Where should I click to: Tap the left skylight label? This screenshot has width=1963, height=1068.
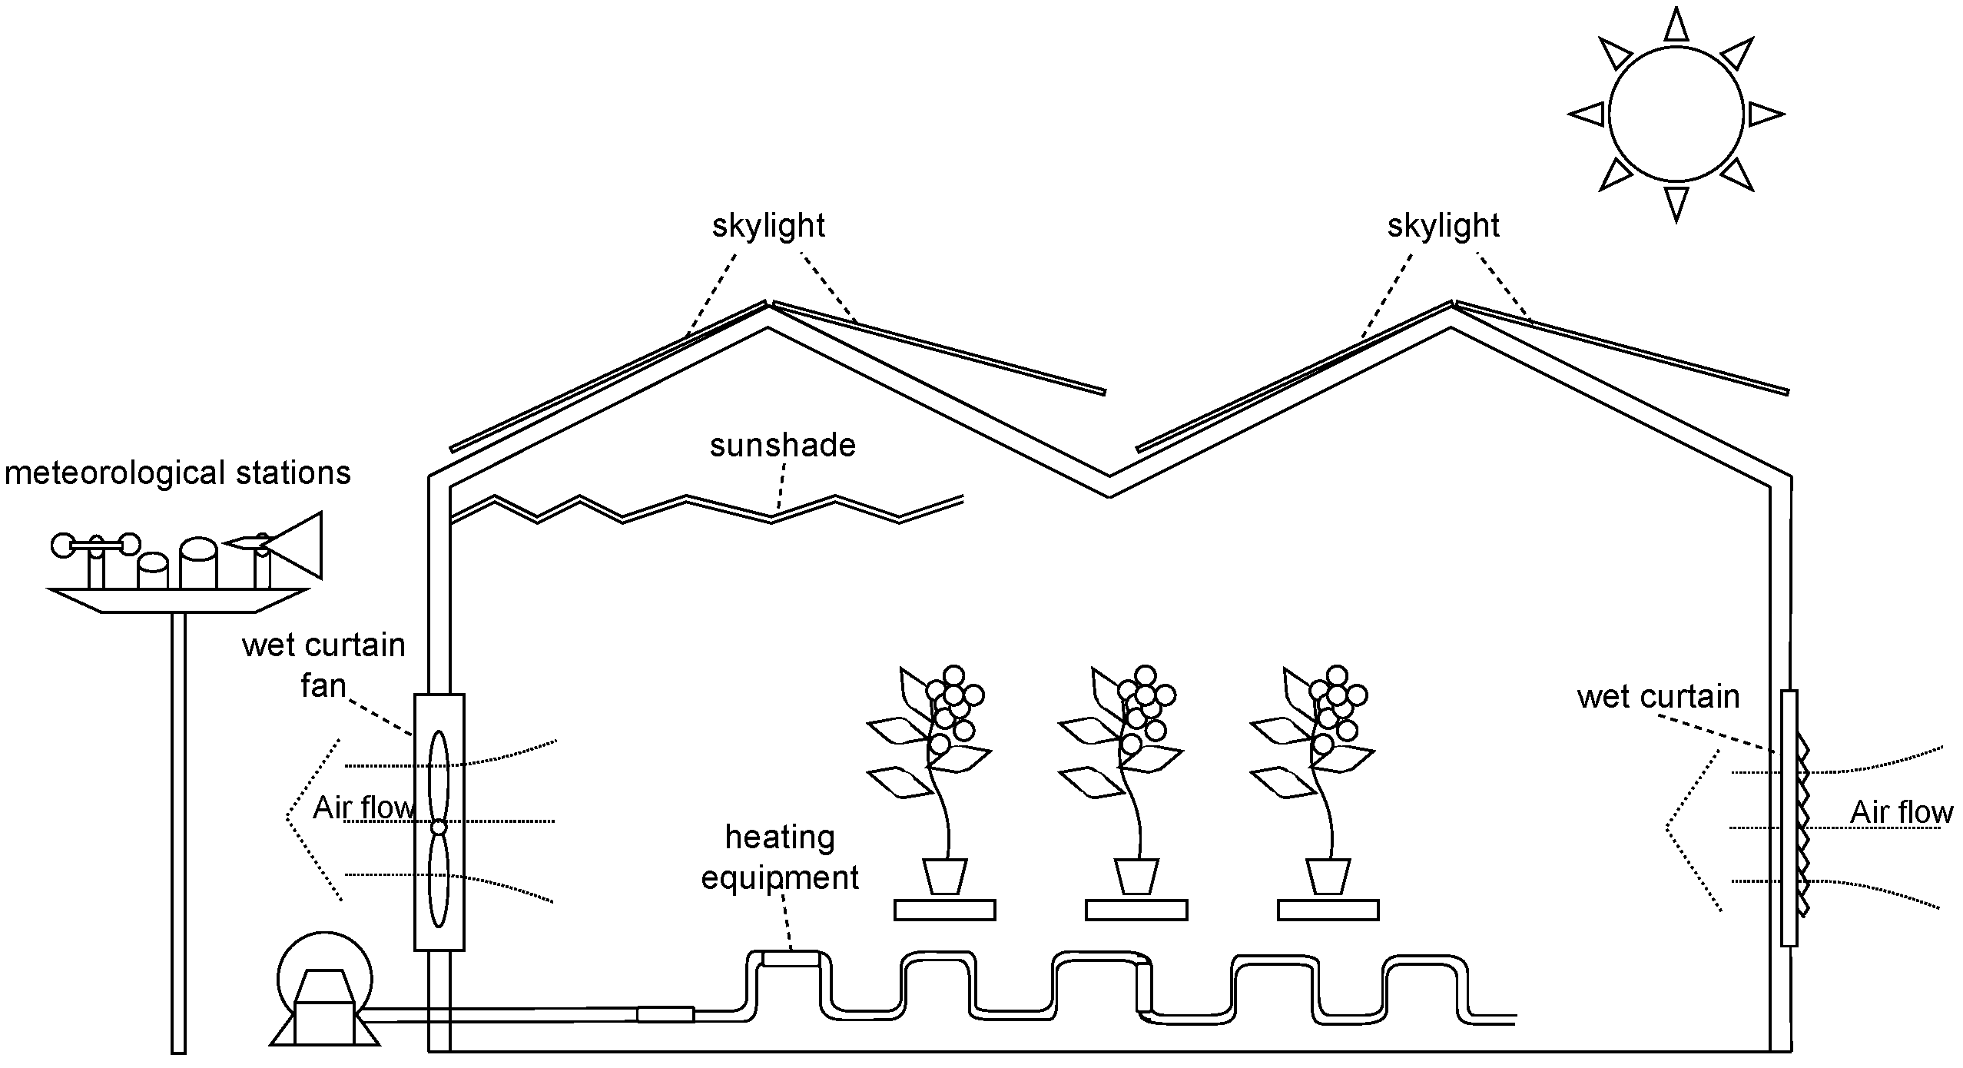click(768, 226)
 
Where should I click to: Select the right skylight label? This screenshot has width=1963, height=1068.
click(1443, 226)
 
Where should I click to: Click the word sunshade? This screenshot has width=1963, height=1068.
click(782, 446)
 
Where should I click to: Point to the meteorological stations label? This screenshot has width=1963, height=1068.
click(177, 473)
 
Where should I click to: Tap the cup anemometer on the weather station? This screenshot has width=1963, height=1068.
click(96, 546)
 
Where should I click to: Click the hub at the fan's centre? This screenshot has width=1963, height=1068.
click(439, 828)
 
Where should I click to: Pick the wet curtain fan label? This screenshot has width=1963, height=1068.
click(323, 665)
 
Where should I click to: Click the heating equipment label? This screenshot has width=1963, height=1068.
click(780, 857)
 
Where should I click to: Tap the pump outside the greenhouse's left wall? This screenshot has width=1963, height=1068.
click(324, 999)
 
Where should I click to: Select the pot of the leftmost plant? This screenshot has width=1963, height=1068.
click(944, 877)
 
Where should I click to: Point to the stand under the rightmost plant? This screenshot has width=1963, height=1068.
click(1328, 910)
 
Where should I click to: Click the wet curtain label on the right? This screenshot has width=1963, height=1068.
click(1658, 697)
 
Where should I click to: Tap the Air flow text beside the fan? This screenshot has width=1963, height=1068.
click(363, 808)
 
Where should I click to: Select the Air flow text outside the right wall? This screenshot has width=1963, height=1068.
click(1901, 812)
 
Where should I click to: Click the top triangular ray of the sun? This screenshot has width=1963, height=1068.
click(1676, 26)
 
